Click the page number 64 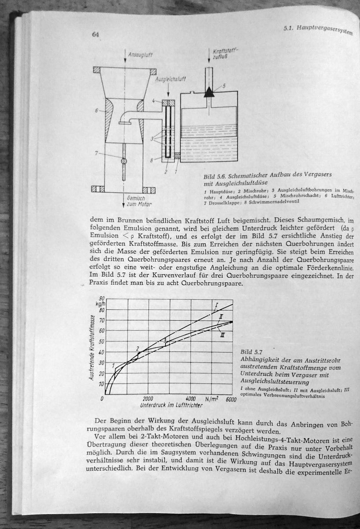pyautogui.click(x=95, y=35)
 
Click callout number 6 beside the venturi pyautogui.click(x=96, y=110)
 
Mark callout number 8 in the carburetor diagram pyautogui.click(x=152, y=160)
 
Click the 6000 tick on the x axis pyautogui.click(x=231, y=399)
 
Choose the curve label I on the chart pyautogui.click(x=217, y=305)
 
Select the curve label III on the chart pyautogui.click(x=223, y=335)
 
